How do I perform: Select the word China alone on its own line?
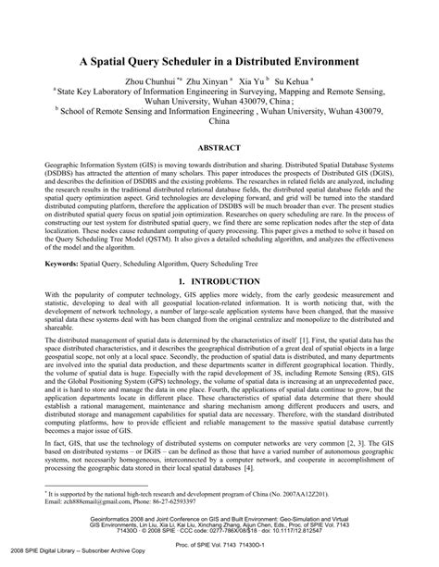[x=219, y=119]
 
